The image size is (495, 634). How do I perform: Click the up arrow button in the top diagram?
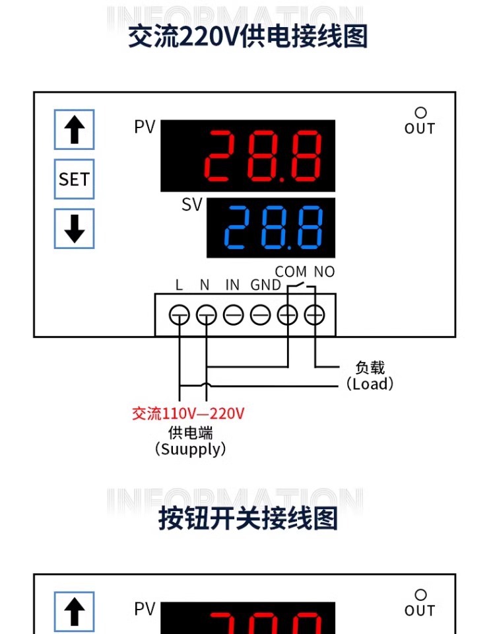74,129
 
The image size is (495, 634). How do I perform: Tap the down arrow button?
74,229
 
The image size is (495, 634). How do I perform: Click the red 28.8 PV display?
248,156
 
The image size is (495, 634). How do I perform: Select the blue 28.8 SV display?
271,228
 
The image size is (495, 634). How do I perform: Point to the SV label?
191,205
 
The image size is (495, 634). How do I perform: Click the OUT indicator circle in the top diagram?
420,114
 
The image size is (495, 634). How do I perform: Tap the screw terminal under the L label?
179,316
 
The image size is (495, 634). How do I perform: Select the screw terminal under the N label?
206,316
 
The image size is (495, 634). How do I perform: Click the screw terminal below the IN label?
234,316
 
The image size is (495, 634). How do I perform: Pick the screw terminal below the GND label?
261,316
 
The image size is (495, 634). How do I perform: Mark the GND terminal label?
265,285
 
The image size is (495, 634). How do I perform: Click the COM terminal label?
290,271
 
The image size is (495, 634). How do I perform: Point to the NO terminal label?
324,271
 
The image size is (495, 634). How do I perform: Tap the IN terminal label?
232,285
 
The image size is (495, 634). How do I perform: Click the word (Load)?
370,384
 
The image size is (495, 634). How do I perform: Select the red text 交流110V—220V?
189,414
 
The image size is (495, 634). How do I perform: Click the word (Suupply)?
190,450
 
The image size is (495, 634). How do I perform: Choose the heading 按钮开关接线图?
247,518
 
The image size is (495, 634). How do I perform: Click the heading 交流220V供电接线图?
247,36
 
